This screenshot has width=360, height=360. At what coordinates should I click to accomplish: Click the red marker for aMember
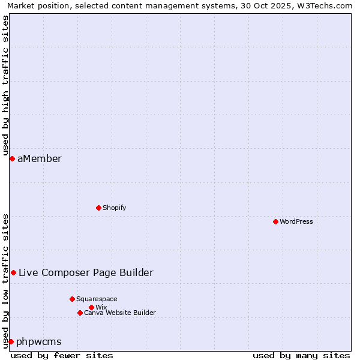[12, 158]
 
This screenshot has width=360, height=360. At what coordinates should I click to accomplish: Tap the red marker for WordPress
[275, 221]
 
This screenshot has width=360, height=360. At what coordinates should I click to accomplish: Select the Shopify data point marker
[98, 208]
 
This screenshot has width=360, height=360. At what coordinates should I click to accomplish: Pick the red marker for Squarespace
[72, 299]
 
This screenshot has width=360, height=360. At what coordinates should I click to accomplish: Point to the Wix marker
[91, 307]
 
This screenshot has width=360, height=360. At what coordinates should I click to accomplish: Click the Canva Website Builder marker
[80, 313]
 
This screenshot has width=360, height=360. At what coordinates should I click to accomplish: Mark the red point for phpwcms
[11, 341]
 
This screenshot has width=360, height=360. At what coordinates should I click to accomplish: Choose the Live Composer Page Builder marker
[13, 272]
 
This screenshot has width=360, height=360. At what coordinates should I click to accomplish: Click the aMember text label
[40, 158]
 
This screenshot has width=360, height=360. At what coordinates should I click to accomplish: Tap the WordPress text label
[296, 221]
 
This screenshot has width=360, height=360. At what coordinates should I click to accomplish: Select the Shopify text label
[115, 208]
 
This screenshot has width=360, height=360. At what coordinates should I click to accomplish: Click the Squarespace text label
[97, 299]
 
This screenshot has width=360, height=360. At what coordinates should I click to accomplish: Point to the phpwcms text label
[39, 341]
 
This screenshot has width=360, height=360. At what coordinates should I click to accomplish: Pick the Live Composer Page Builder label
[86, 272]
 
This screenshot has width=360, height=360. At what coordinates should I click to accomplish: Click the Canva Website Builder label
[120, 313]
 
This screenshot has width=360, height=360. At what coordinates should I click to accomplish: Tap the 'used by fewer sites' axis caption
[62, 355]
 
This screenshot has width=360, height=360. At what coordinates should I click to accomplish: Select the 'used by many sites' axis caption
[301, 355]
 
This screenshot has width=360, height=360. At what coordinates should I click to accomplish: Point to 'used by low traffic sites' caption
[5, 281]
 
